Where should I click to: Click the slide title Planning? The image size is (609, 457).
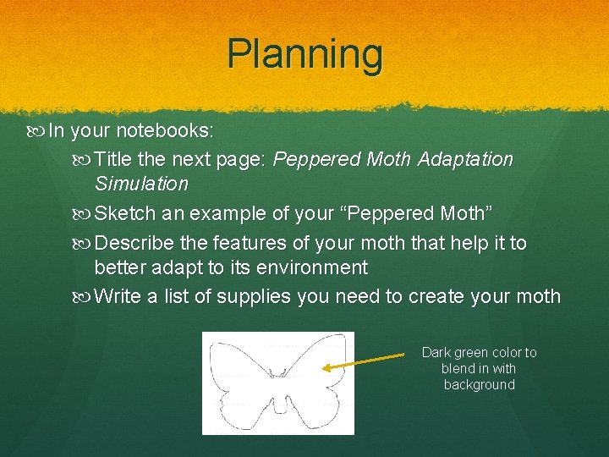coord(304,54)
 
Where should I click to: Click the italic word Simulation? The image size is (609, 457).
coord(141,184)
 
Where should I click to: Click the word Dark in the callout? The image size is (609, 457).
coord(436,352)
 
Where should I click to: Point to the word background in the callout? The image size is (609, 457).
coord(479,385)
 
